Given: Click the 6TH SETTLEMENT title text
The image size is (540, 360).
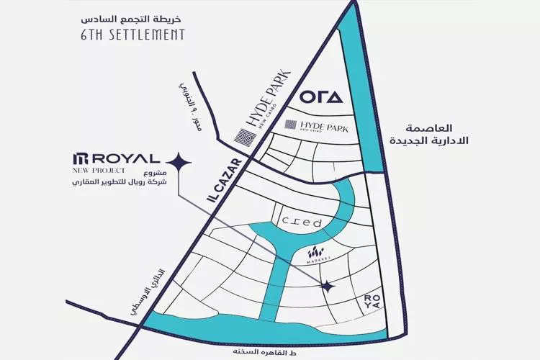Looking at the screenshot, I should point(132,34).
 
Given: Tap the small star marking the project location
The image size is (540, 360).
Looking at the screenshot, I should point(328,286).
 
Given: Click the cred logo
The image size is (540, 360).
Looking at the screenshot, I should point(302,222).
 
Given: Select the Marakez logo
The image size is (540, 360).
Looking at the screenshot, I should point(317,255).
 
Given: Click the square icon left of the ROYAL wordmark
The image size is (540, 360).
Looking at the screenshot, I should point(80,158).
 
